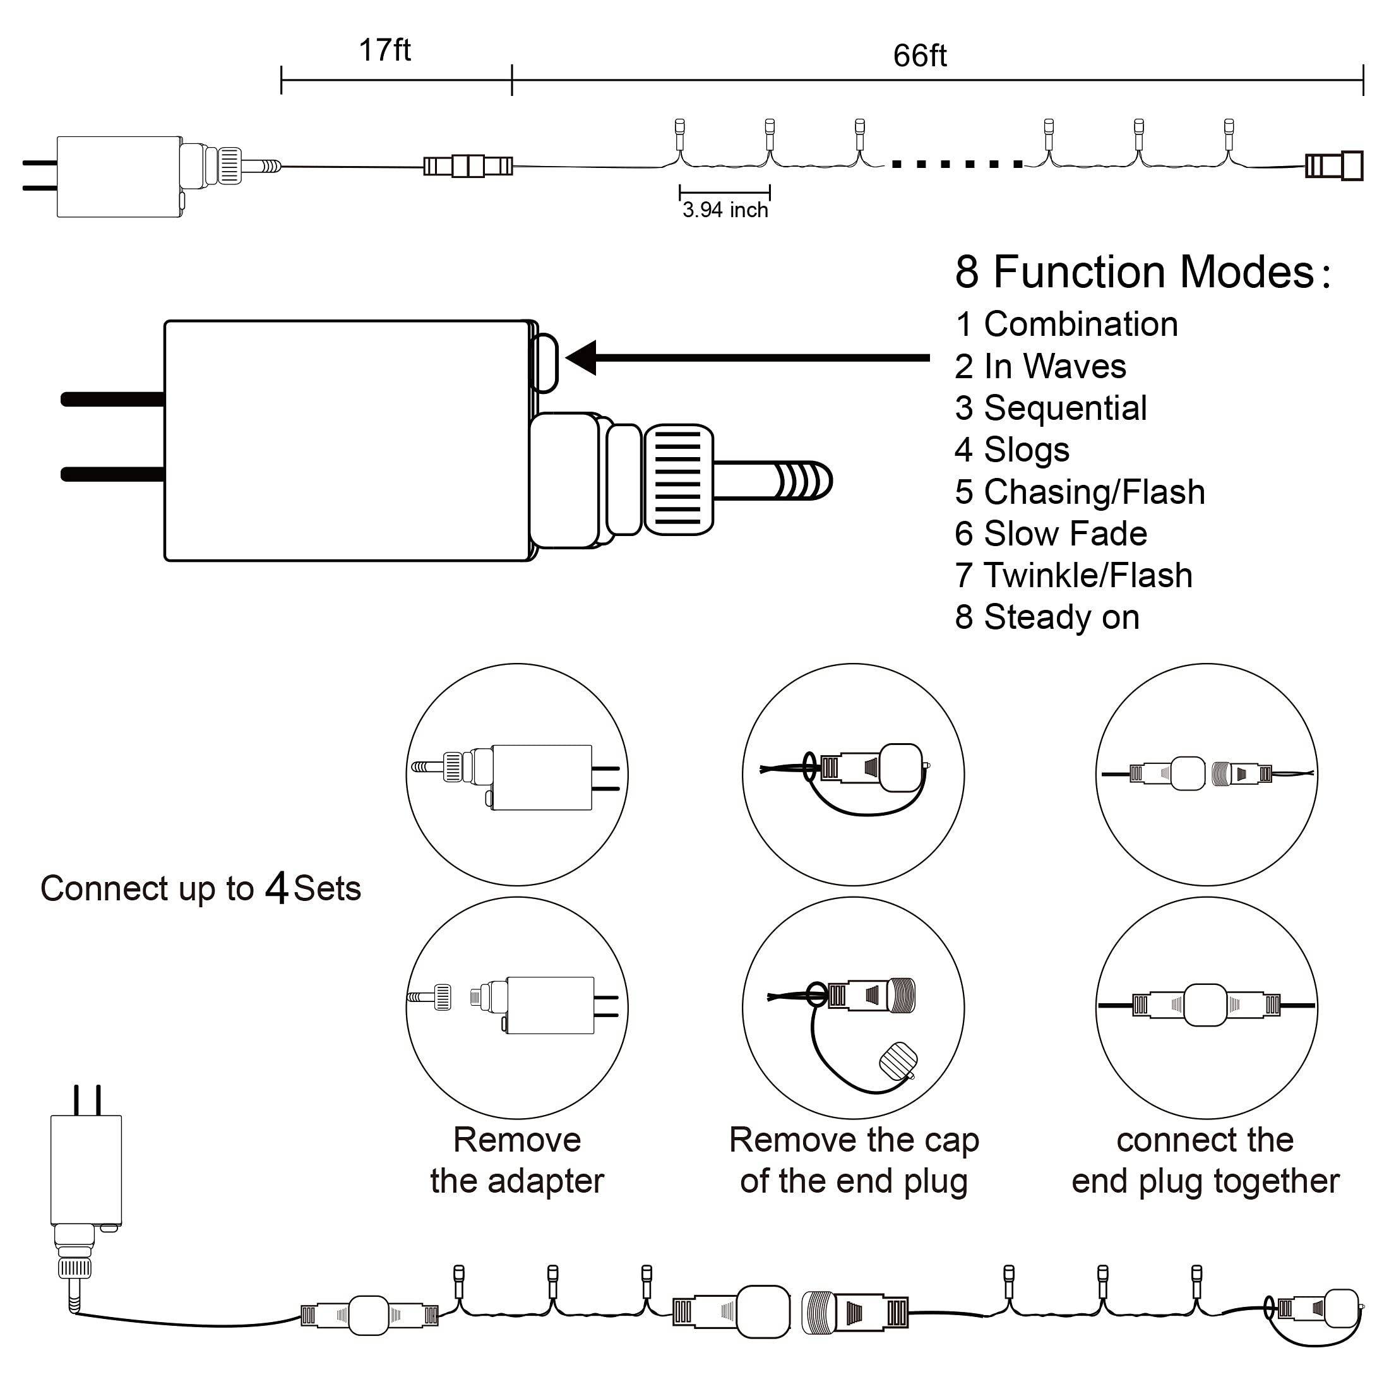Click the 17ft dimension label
click(x=385, y=51)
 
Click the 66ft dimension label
click(x=919, y=56)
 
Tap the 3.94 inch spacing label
click(x=725, y=210)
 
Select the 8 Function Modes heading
click(x=1142, y=273)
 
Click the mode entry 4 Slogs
click(x=1011, y=450)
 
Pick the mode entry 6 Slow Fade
click(x=1051, y=534)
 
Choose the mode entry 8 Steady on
click(x=1047, y=617)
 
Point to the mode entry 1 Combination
click(x=1066, y=325)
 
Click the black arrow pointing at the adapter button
click(x=748, y=357)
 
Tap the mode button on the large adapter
click(x=544, y=362)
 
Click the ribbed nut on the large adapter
click(x=678, y=480)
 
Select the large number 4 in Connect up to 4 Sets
click(x=277, y=888)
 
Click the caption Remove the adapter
click(x=517, y=1160)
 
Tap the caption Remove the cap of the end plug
click(x=854, y=1160)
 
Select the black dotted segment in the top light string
click(x=956, y=165)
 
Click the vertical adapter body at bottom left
click(x=86, y=1170)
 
